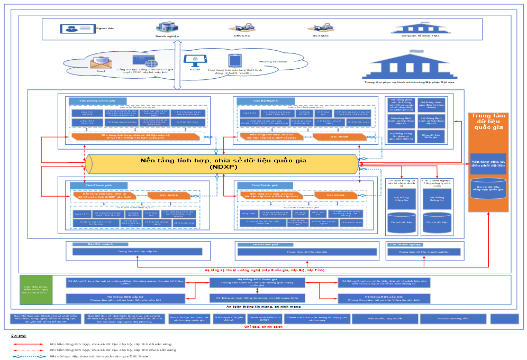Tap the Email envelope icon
(101, 63)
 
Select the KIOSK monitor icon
(191, 60)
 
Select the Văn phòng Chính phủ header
(97, 100)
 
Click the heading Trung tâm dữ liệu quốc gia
(489, 122)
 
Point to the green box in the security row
(37, 289)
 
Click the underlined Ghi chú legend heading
(19, 335)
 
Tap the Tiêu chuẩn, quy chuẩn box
(377, 319)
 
